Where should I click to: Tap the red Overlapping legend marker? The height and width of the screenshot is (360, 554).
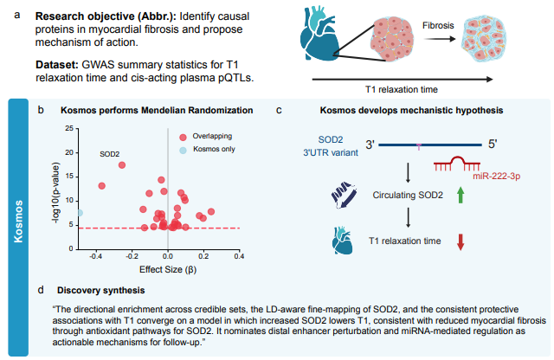click(x=183, y=136)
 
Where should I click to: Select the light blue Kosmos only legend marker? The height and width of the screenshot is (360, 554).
click(x=183, y=150)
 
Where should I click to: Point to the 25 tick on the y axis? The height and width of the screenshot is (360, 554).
click(x=68, y=128)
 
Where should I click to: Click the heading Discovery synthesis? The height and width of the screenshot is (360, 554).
click(x=95, y=289)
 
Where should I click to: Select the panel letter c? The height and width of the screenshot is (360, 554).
click(x=277, y=111)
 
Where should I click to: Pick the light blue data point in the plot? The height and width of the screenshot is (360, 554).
click(x=80, y=212)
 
